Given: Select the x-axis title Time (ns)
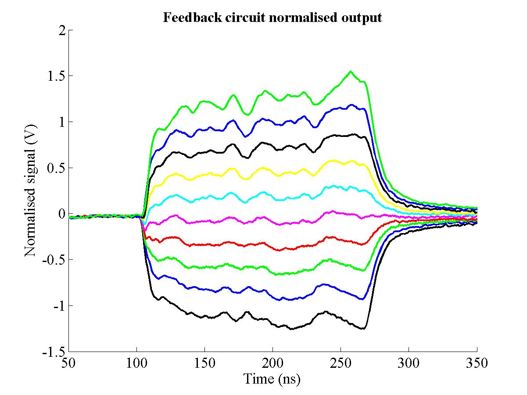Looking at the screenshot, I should pyautogui.click(x=272, y=378).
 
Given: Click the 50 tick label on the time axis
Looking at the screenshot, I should pyautogui.click(x=68, y=363).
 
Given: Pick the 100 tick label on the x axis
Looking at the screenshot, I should pyautogui.click(x=136, y=363).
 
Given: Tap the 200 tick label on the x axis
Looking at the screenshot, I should pyautogui.click(x=272, y=363).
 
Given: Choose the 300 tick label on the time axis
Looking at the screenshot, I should pyautogui.click(x=409, y=363).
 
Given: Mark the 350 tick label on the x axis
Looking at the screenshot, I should pyautogui.click(x=477, y=363).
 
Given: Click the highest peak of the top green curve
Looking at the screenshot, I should pyautogui.click(x=350, y=72).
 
